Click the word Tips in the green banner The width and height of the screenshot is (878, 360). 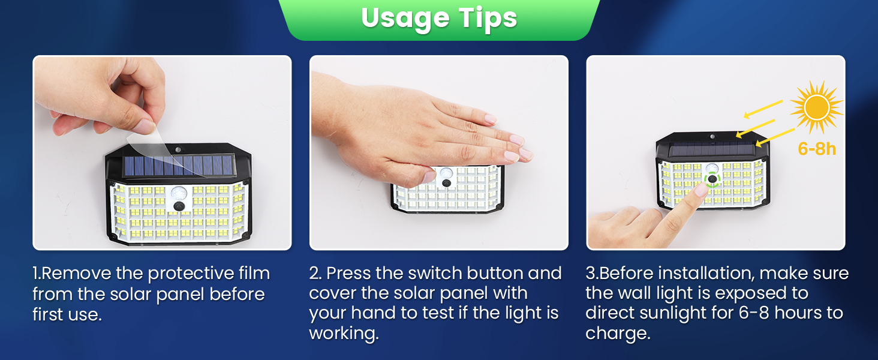488,19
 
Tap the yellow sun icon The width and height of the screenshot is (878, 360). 816,107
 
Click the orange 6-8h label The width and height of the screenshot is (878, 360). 817,149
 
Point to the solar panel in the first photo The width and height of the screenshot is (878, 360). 179,166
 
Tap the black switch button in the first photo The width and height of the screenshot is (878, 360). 179,206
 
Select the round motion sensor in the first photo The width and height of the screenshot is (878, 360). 179,193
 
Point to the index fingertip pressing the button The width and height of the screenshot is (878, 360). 700,191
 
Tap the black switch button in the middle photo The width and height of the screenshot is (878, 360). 446,183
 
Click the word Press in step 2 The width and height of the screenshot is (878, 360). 349,274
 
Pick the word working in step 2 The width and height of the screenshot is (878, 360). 344,334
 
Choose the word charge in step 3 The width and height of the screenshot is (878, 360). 618,334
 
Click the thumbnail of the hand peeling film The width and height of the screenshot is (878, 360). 162,152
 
